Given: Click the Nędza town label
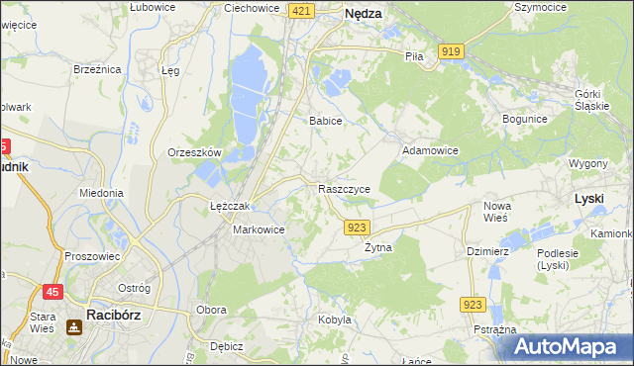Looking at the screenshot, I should pyautogui.click(x=363, y=15).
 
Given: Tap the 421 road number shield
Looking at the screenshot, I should pyautogui.click(x=303, y=10).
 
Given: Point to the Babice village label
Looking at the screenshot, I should pyautogui.click(x=325, y=121).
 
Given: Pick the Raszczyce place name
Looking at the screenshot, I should pyautogui.click(x=345, y=188).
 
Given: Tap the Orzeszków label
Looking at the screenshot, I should pyautogui.click(x=193, y=153).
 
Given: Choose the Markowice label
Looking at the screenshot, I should pyautogui.click(x=259, y=229).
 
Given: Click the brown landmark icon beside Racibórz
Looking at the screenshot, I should pyautogui.click(x=73, y=326).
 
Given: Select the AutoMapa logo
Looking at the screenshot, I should pyautogui.click(x=572, y=347).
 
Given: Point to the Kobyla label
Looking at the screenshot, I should pyautogui.click(x=335, y=320).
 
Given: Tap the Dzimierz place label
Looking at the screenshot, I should pyautogui.click(x=487, y=251).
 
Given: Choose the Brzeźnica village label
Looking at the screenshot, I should pyautogui.click(x=97, y=69).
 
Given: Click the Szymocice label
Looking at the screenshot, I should pyautogui.click(x=540, y=7).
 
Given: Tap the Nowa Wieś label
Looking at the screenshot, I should pyautogui.click(x=496, y=211).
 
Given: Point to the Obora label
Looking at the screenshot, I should pyautogui.click(x=211, y=311).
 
